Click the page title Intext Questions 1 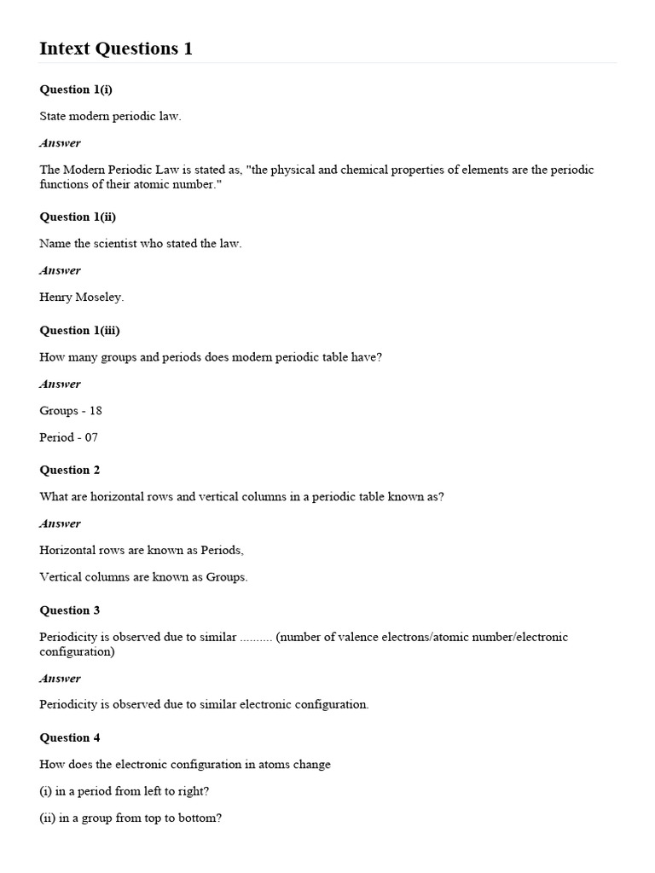click(116, 49)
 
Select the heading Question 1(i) click(76, 90)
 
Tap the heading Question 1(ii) click(78, 217)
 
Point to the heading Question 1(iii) click(79, 330)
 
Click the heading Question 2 click(70, 470)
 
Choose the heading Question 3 click(70, 610)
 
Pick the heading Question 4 click(70, 737)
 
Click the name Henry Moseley click(82, 298)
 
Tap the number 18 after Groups click(96, 411)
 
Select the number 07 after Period click(90, 437)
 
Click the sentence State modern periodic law click(110, 116)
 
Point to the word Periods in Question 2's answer click(223, 550)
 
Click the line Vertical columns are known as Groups click(143, 577)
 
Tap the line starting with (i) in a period click(125, 791)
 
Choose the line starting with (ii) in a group click(130, 818)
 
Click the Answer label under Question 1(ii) click(60, 270)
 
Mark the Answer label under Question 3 click(60, 679)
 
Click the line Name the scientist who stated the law click(141, 244)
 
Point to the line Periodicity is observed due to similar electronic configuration click(204, 705)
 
